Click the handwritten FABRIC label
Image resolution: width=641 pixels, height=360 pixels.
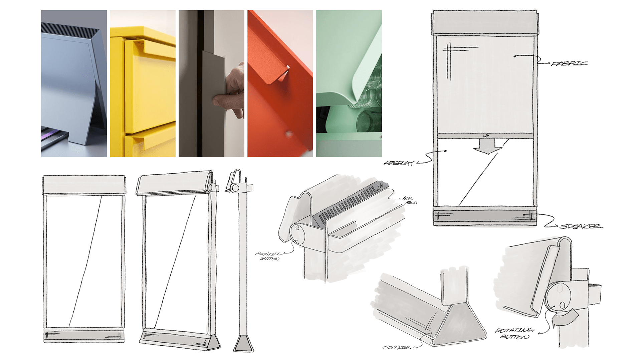(569, 63)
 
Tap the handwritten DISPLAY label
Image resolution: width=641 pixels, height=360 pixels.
(399, 163)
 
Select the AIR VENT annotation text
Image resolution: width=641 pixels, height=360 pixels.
(409, 200)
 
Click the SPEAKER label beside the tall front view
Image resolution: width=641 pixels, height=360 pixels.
(581, 227)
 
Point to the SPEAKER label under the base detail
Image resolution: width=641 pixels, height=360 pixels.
(397, 348)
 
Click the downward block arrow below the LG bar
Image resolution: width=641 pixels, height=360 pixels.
(487, 146)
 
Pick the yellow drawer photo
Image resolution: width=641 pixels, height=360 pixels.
(143, 83)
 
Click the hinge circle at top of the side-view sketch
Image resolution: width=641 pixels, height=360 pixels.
(235, 188)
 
